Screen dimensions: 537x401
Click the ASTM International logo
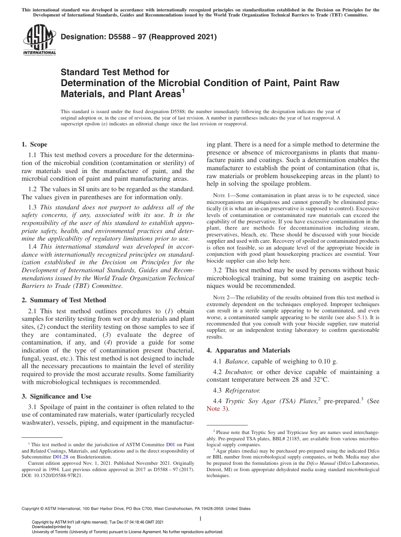pyautogui.click(x=39, y=41)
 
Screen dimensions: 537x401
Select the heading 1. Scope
pyautogui.click(x=34, y=144)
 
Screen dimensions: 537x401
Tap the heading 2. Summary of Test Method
pyautogui.click(x=64, y=300)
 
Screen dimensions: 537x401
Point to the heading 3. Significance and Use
pyautogui.click(x=56, y=396)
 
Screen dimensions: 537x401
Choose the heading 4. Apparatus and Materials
pyautogui.click(x=248, y=350)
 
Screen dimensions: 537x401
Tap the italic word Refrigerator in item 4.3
pyautogui.click(x=243, y=391)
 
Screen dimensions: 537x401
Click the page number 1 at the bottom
pyautogui.click(x=200, y=519)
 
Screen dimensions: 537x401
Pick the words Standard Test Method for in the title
pyautogui.click(x=115, y=72)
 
